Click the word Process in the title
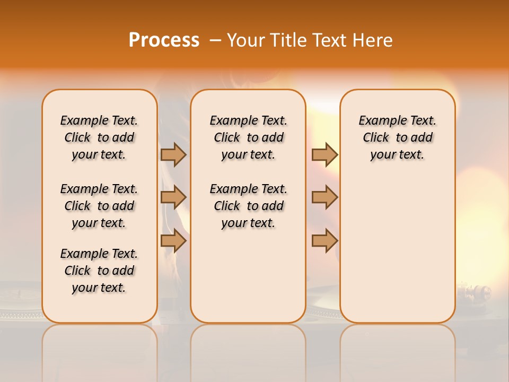164,40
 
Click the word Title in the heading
287,40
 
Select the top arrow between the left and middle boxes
173,154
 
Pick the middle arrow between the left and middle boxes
173,198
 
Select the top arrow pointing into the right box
324,154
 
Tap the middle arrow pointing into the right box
324,198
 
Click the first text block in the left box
99,137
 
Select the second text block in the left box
99,206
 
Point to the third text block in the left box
99,271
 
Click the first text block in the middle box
248,137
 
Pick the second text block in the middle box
248,206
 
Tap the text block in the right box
397,137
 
